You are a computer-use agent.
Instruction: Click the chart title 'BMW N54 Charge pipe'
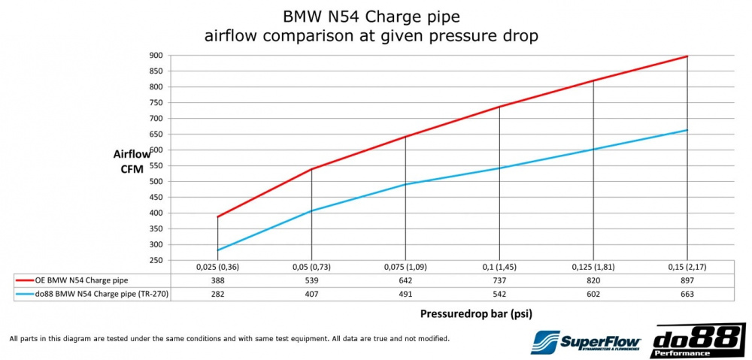[x=371, y=16]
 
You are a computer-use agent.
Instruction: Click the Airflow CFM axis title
[x=132, y=161]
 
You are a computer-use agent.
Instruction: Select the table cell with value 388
[x=217, y=280]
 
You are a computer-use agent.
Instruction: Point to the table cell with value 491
[x=405, y=294]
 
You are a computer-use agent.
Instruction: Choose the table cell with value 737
[x=499, y=280]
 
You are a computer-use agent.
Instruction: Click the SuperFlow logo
[x=581, y=342]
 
